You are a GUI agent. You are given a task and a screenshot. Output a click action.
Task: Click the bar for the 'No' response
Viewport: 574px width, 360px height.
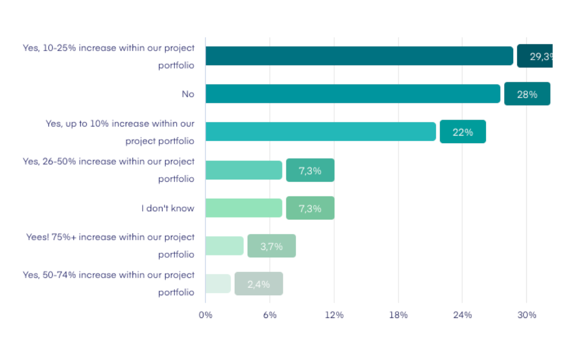click(x=352, y=94)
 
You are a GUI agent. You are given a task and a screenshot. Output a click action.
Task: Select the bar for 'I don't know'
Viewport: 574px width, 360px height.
click(x=244, y=208)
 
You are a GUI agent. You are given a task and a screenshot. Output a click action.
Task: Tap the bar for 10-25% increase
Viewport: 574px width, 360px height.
click(x=359, y=56)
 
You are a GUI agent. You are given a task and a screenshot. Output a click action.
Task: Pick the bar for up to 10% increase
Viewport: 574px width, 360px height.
click(x=321, y=132)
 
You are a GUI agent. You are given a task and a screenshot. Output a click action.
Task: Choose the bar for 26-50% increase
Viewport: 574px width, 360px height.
click(x=244, y=170)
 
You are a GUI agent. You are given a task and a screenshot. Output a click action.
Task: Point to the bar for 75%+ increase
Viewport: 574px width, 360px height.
click(x=224, y=245)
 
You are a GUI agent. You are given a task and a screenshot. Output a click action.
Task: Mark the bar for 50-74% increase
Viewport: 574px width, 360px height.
click(x=218, y=283)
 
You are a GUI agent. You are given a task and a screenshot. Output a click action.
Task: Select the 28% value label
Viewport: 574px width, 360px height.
click(x=527, y=94)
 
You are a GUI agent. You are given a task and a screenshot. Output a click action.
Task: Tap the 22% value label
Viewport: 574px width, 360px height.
click(x=463, y=132)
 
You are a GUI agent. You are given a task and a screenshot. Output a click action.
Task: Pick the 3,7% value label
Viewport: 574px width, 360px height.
click(x=272, y=246)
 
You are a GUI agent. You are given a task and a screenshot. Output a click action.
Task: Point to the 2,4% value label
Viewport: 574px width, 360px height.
click(x=259, y=284)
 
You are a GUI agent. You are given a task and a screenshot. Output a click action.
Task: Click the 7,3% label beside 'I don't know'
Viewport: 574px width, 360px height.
click(x=310, y=208)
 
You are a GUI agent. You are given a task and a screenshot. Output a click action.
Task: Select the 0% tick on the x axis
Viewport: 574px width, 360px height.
click(x=205, y=315)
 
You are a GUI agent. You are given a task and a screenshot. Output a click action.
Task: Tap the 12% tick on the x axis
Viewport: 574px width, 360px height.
click(x=334, y=315)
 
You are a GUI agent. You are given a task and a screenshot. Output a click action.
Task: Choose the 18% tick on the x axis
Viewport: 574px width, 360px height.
click(x=398, y=315)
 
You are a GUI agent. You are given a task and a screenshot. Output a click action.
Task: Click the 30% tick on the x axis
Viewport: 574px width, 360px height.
click(x=527, y=315)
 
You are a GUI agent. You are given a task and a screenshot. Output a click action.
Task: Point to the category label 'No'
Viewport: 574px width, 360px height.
click(x=188, y=94)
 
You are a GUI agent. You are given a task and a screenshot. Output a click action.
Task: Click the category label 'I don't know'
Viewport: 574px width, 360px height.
click(x=168, y=208)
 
